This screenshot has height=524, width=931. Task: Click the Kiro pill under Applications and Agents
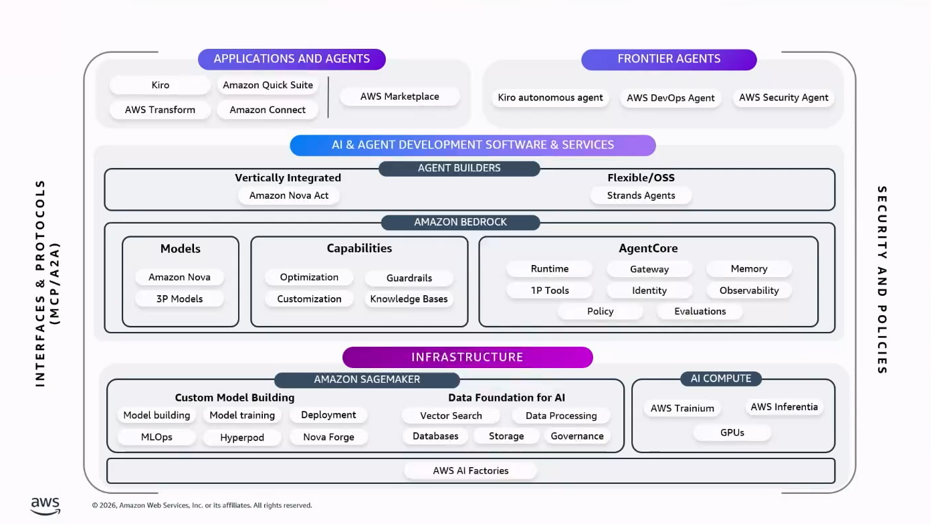tap(160, 85)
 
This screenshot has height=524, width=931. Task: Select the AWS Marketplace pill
tap(400, 96)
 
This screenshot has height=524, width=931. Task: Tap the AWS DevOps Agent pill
tap(670, 98)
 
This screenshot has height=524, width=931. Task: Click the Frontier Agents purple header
tap(669, 59)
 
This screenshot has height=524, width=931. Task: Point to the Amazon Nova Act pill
tap(289, 195)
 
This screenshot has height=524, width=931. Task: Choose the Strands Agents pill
tap(641, 195)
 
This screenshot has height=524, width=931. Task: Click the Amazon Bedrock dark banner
tap(460, 222)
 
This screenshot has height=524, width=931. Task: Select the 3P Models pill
tap(179, 298)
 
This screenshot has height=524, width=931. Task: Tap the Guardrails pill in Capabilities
tap(409, 278)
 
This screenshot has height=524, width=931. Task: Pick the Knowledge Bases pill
tap(409, 298)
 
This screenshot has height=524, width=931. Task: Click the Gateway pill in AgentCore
tap(649, 269)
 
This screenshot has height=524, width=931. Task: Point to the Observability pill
tap(749, 290)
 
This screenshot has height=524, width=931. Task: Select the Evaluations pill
tap(700, 311)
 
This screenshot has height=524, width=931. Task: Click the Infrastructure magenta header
tap(468, 357)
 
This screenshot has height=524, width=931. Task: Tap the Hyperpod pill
tap(242, 438)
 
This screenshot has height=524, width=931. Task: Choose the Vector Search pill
tap(451, 416)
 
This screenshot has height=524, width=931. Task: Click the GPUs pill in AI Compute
tap(732, 432)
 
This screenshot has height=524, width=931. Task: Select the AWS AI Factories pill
tap(470, 470)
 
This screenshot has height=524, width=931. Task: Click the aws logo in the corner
tap(45, 506)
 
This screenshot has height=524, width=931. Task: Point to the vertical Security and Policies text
tap(882, 280)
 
